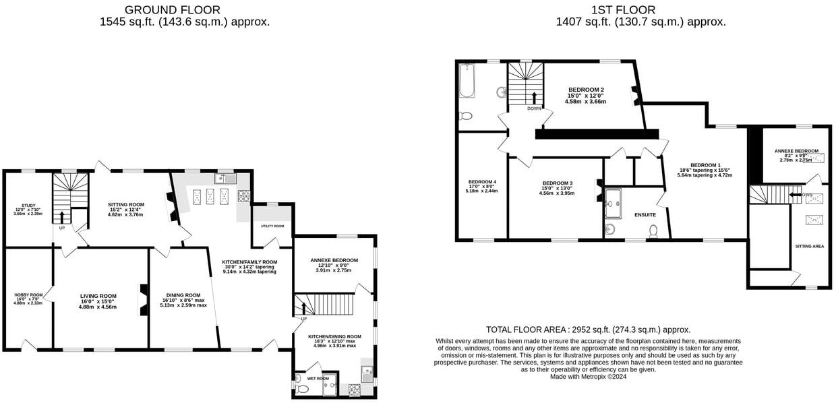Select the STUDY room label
pos(28,206)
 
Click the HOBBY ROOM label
pos(28,294)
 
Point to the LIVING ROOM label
pos(98,296)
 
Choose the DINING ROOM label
pos(183,294)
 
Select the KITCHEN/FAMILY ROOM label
pos(249,262)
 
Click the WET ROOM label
pos(317,379)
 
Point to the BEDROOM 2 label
pos(585,90)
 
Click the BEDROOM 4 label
pos(482,182)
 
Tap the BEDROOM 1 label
pos(705,165)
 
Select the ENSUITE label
pos(645,215)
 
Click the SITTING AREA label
pos(809,247)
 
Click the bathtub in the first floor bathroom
pos(467,80)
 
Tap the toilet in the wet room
pos(301,389)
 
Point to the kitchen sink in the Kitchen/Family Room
pos(224,178)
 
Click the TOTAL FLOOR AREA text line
pos(588,330)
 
